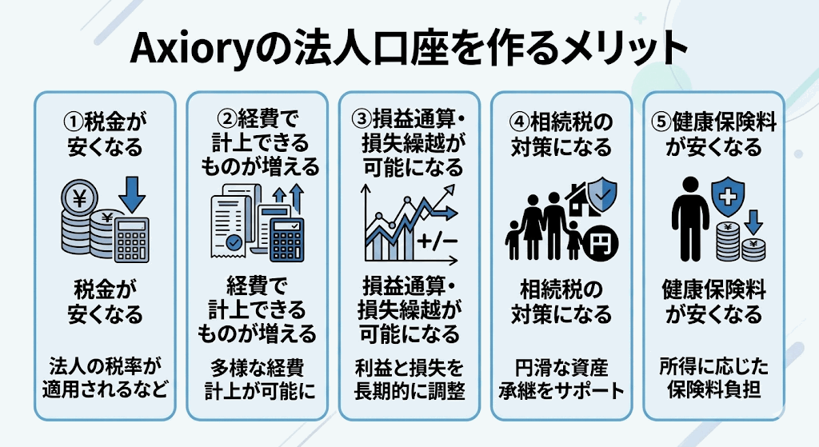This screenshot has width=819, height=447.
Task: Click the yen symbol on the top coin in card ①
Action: [80, 199]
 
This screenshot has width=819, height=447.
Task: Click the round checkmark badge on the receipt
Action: [234, 241]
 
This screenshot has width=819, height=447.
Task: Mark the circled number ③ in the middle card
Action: [362, 119]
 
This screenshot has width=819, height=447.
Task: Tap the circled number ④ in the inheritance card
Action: [519, 122]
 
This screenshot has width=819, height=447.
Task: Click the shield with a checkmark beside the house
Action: [602, 194]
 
